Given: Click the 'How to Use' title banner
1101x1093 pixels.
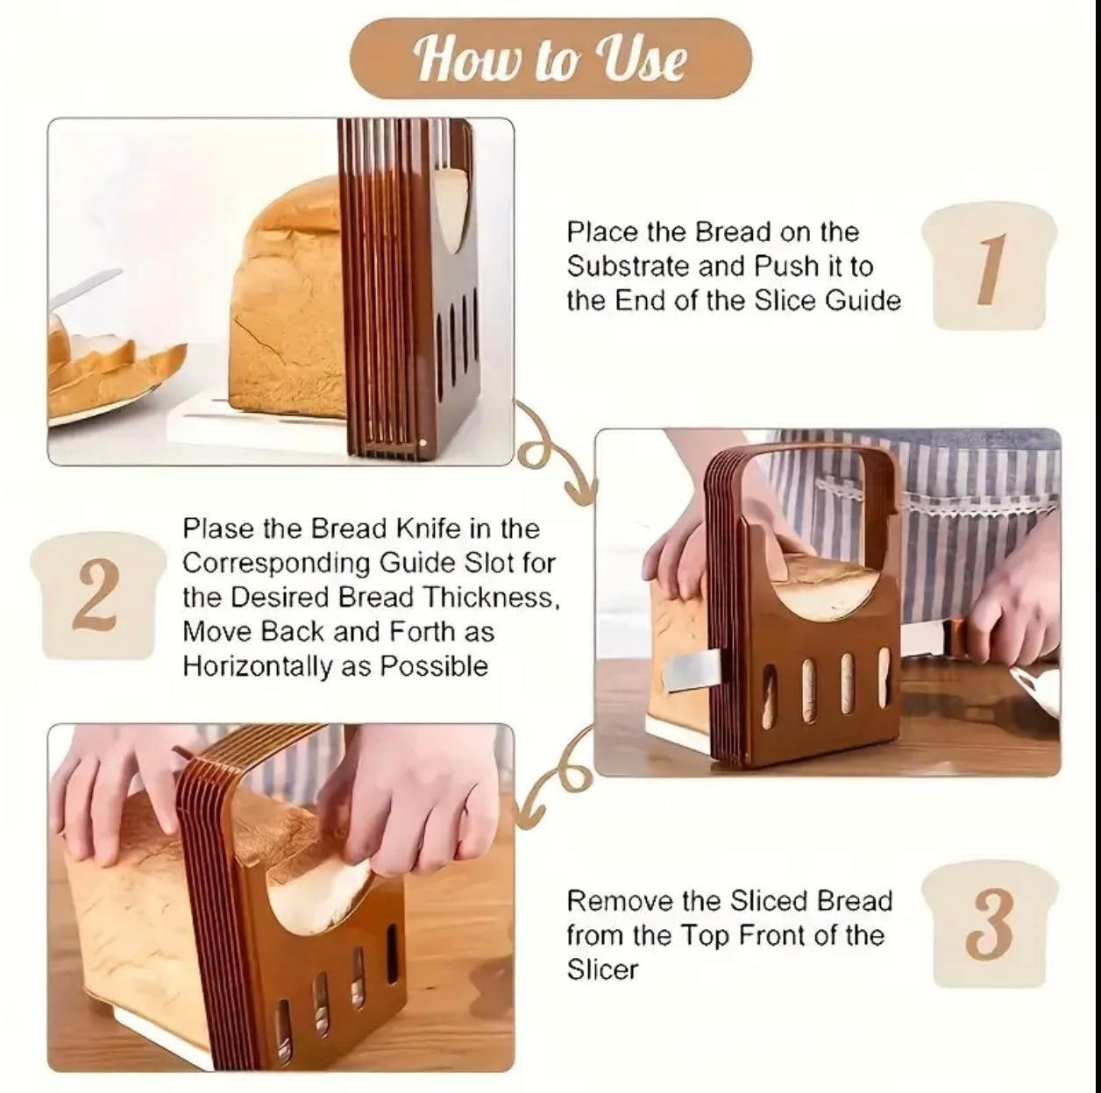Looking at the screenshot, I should click(x=550, y=60).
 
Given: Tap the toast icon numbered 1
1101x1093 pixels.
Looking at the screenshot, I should click(x=989, y=266).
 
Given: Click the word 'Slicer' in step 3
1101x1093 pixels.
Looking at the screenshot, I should click(x=602, y=969).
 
